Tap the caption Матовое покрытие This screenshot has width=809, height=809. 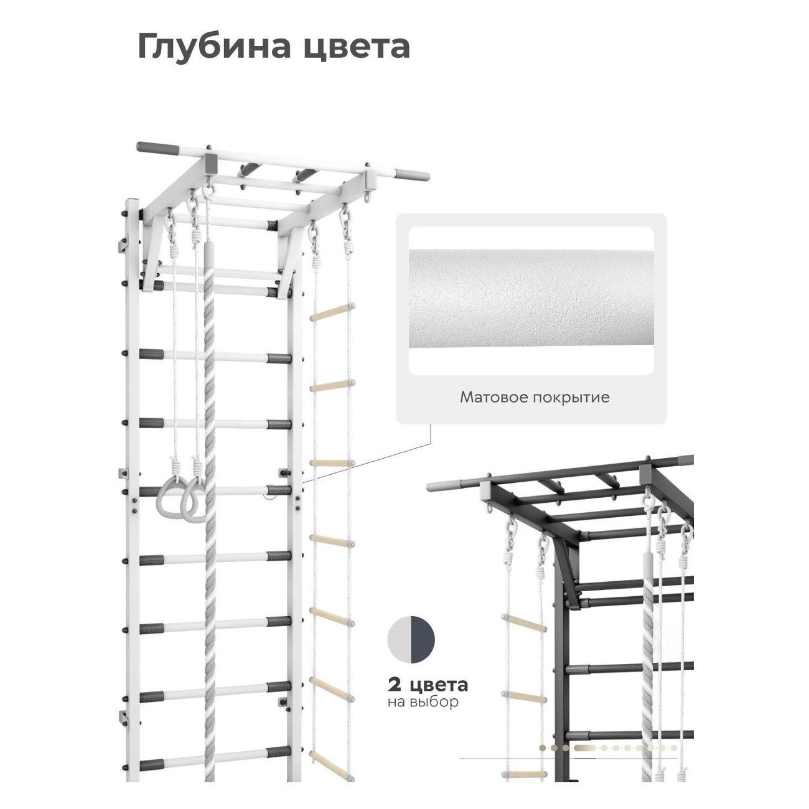point(535,397)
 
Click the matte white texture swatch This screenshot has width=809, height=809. point(531,301)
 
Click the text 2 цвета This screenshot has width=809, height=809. point(428,685)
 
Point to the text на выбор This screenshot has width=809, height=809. point(423,702)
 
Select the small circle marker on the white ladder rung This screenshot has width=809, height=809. point(269,495)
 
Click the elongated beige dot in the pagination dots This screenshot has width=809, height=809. point(586,747)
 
